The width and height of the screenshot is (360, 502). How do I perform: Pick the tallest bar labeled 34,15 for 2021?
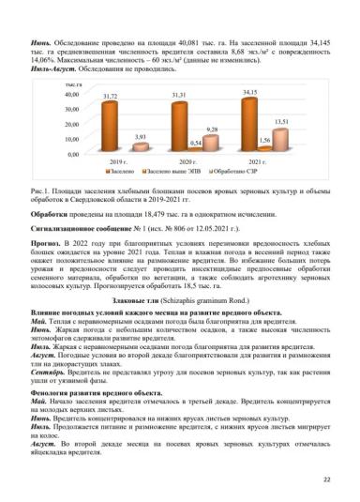[249, 126]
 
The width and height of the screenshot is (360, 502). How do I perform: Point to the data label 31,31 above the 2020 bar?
[178, 97]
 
